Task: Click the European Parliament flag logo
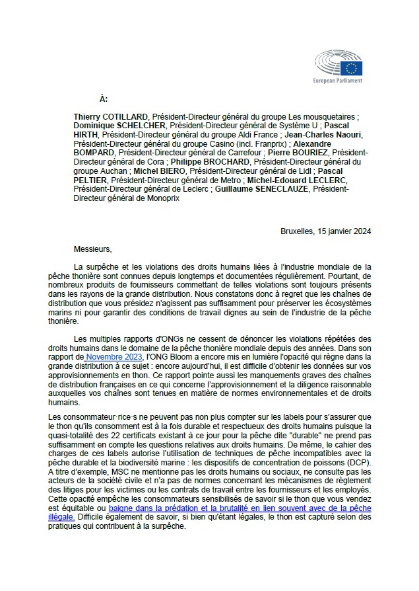pos(350,67)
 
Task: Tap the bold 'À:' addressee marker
pos(103,98)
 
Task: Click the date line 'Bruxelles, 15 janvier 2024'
pos(325,231)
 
